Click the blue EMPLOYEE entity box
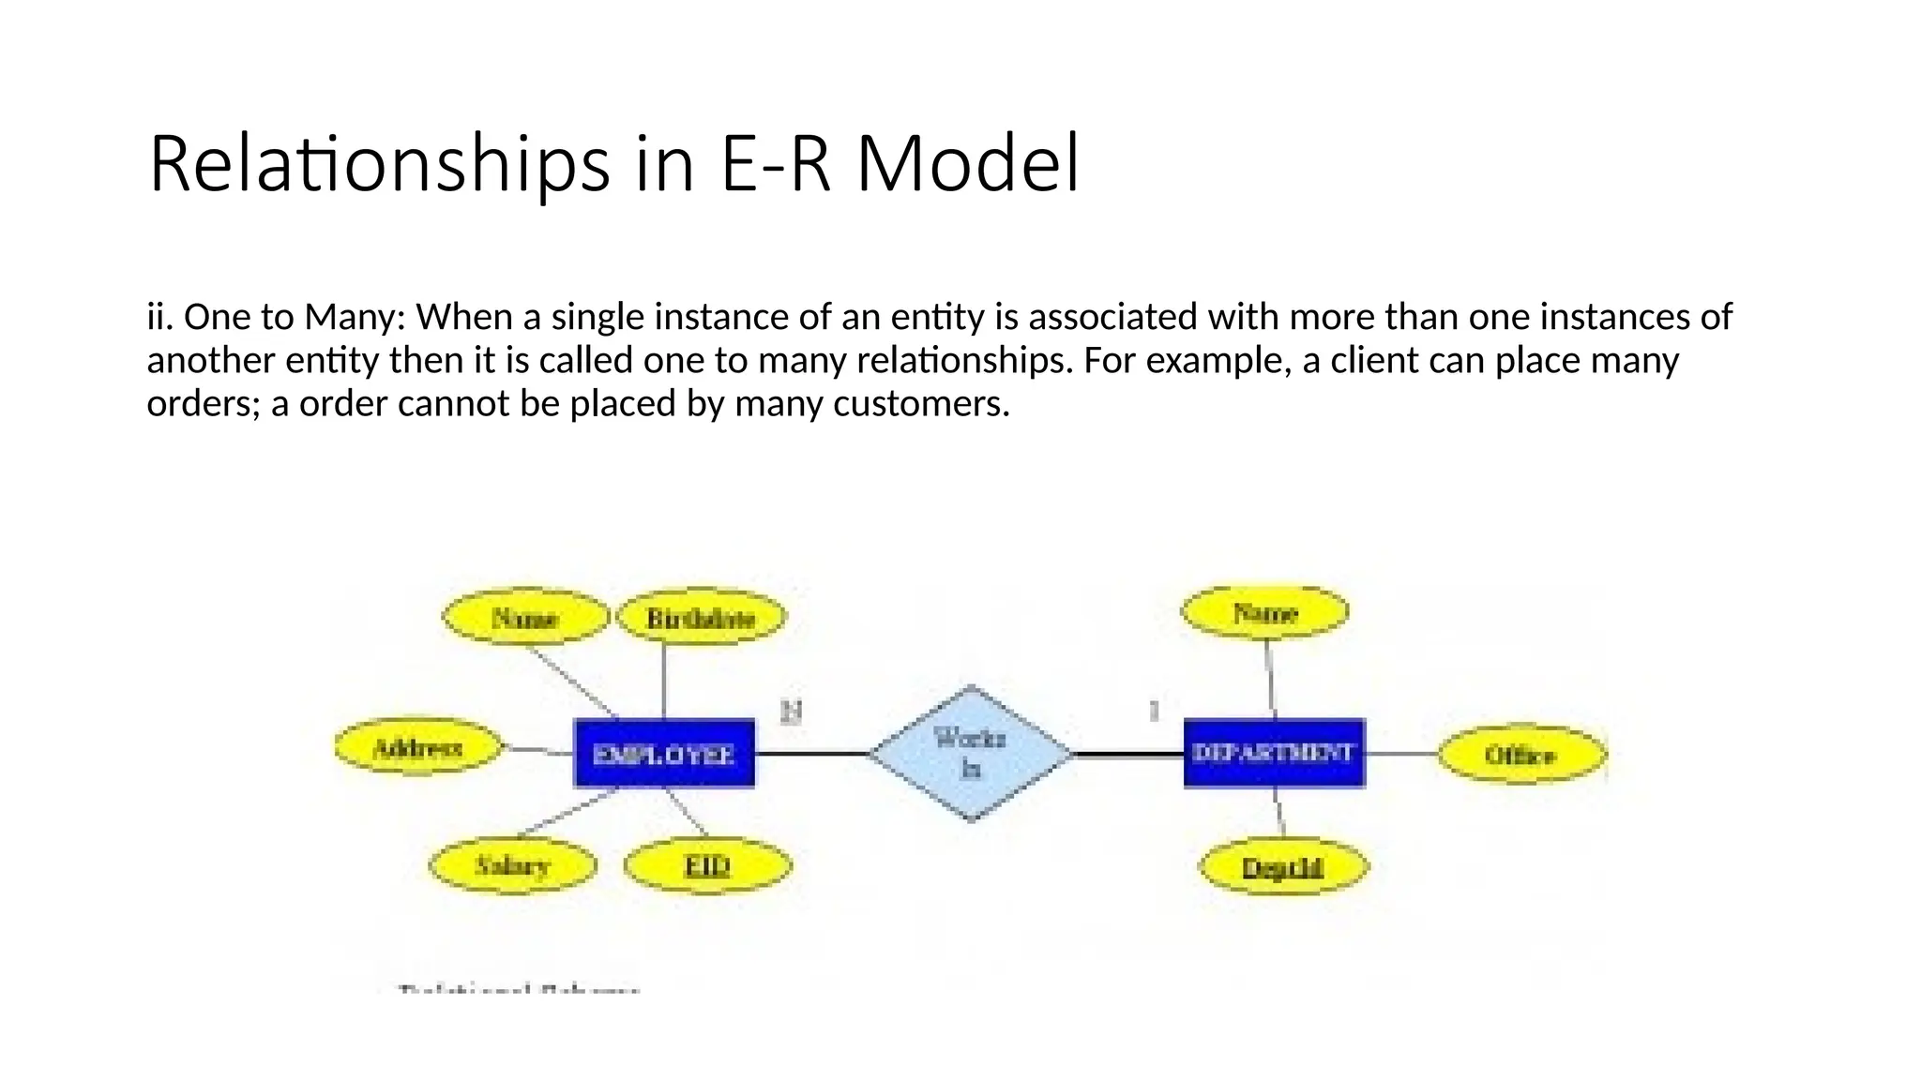663,754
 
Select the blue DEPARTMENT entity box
1273,753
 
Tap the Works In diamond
971,753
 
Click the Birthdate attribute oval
701,618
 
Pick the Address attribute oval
417,747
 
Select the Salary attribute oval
512,864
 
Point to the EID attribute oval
707,864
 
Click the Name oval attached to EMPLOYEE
525,618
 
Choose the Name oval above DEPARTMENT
1264,612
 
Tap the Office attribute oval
1520,755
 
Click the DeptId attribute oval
1282,866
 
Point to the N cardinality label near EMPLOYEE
791,712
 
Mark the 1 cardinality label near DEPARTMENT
1154,711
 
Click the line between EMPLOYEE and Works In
811,754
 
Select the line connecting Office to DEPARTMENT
1401,754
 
